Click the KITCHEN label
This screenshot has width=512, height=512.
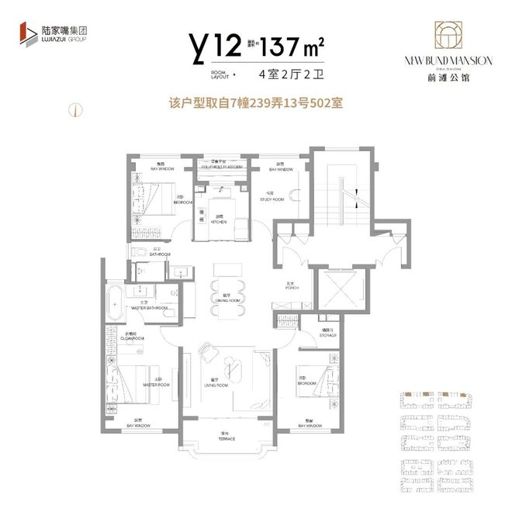[218, 221]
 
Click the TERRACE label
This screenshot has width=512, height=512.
[227, 439]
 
